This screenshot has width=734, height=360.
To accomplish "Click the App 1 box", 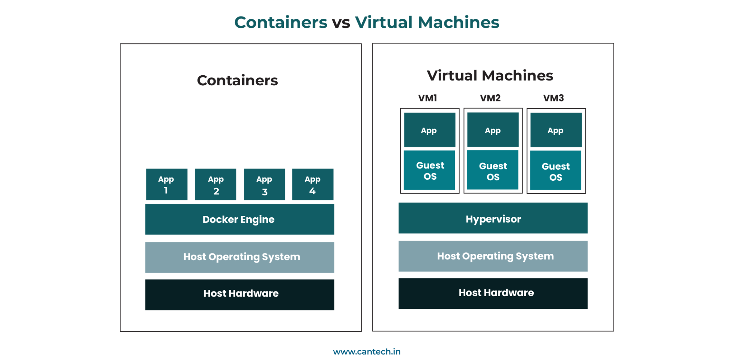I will pyautogui.click(x=167, y=184).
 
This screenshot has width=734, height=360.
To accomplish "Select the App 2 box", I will pyautogui.click(x=215, y=184).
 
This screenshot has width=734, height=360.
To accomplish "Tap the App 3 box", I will pyautogui.click(x=264, y=184).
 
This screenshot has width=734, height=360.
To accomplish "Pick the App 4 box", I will pyautogui.click(x=313, y=184).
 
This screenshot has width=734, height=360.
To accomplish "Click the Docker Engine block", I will pyautogui.click(x=239, y=219).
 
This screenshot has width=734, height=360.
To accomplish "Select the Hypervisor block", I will pyautogui.click(x=493, y=218).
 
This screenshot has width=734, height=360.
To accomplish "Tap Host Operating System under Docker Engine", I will pyautogui.click(x=239, y=257).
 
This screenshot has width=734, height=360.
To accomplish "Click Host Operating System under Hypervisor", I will pyautogui.click(x=493, y=256).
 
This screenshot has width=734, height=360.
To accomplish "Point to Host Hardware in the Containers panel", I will pyautogui.click(x=239, y=294).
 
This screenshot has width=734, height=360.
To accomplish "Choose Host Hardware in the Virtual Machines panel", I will pyautogui.click(x=493, y=293).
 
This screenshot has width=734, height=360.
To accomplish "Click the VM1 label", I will pyautogui.click(x=428, y=98).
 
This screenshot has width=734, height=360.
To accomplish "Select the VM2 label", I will pyautogui.click(x=490, y=98).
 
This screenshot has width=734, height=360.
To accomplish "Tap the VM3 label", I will pyautogui.click(x=553, y=98).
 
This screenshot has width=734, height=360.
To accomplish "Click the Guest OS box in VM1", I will pyautogui.click(x=429, y=170).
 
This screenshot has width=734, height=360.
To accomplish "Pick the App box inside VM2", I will pyautogui.click(x=493, y=130).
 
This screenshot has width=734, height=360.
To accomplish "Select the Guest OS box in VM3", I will pyautogui.click(x=556, y=171).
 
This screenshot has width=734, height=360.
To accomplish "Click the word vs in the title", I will pyautogui.click(x=341, y=23).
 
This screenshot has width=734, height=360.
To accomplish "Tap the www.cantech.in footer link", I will pyautogui.click(x=367, y=352).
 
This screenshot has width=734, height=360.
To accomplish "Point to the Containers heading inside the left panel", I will pyautogui.click(x=237, y=80).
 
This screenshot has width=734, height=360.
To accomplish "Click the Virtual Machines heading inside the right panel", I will pyautogui.click(x=490, y=76).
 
